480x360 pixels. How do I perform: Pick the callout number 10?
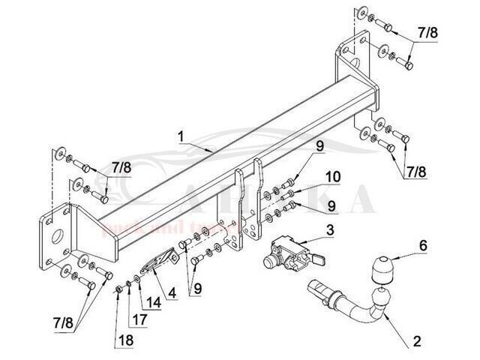[x=332, y=176]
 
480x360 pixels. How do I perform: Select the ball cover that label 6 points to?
[x=382, y=268]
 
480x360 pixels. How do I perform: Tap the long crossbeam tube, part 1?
[x=225, y=150]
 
